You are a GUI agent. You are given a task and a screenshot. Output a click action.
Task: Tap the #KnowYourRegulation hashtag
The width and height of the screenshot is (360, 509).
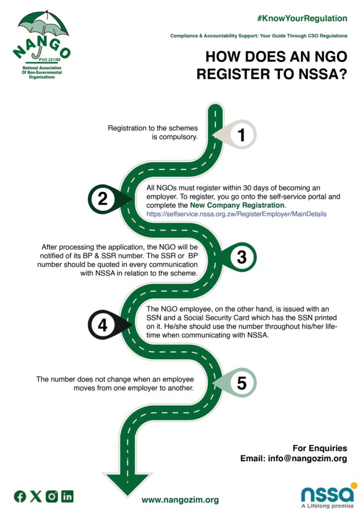point(302,18)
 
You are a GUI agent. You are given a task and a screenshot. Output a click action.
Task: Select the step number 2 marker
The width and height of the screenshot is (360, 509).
point(102,199)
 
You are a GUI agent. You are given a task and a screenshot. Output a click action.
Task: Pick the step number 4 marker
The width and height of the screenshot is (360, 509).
point(102,325)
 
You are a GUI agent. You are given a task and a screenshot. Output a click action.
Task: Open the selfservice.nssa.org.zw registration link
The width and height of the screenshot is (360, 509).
point(236,214)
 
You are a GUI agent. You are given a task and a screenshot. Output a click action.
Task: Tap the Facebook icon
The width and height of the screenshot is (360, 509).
point(20,496)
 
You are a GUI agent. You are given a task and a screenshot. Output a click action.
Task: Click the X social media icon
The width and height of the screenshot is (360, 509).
point(36,496)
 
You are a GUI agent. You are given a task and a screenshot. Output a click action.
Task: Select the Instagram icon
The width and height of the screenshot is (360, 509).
point(52,496)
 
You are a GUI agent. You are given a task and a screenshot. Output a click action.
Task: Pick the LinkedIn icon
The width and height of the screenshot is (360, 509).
point(67,496)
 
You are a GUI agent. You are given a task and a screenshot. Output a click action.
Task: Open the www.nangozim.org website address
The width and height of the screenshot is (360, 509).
point(180,500)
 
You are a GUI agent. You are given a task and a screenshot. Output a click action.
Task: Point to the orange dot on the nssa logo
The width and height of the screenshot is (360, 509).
point(354,485)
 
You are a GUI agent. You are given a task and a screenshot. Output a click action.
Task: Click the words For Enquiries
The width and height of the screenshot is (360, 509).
point(320,448)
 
